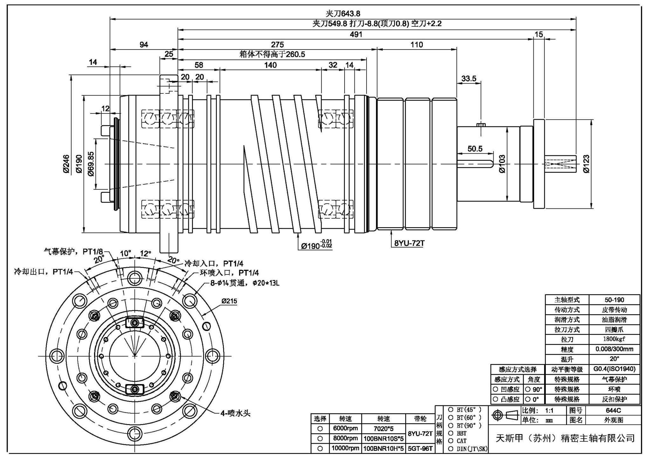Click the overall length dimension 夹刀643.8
343,14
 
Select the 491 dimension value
356,34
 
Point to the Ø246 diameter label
66,164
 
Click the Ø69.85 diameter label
91,164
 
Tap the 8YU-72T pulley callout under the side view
409,243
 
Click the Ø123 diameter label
586,164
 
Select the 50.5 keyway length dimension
475,149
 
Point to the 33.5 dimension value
469,78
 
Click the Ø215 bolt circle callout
229,301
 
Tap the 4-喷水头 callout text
236,413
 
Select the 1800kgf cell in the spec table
614,339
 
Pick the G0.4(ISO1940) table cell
614,369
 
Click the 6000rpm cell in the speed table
345,428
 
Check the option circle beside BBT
450,433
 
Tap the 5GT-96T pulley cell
420,449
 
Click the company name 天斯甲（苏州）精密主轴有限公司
565,438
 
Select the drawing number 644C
613,410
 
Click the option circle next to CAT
450,441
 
